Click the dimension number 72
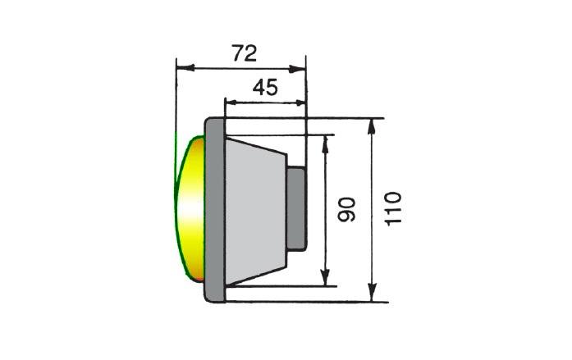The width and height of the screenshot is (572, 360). (x=245, y=53)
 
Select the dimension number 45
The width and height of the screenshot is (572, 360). (x=265, y=88)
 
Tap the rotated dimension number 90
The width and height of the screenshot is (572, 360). (x=346, y=209)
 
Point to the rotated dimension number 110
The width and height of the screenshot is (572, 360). (x=393, y=209)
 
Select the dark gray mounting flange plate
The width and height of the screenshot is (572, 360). (x=215, y=210)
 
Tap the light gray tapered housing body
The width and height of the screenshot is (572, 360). (x=256, y=211)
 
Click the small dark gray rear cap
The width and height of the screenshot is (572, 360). (x=296, y=209)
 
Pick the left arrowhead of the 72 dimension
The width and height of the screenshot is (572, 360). (x=185, y=68)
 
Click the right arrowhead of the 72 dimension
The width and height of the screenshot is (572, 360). (x=296, y=69)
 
